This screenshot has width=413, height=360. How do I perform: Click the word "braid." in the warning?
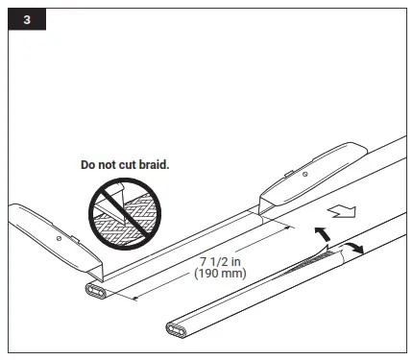[151, 165]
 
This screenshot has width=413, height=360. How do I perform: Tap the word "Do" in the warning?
[87, 165]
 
